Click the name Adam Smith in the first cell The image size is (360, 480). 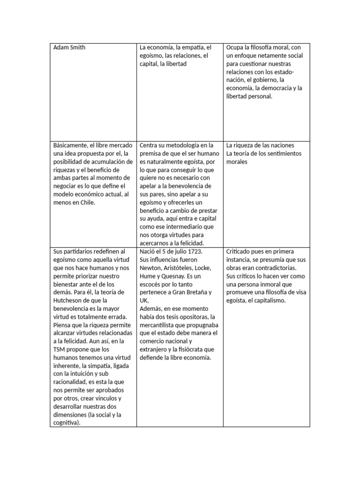pyautogui.click(x=69, y=47)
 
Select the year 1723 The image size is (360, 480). pyautogui.click(x=191, y=251)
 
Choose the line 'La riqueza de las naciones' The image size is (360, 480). pyautogui.click(x=261, y=145)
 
